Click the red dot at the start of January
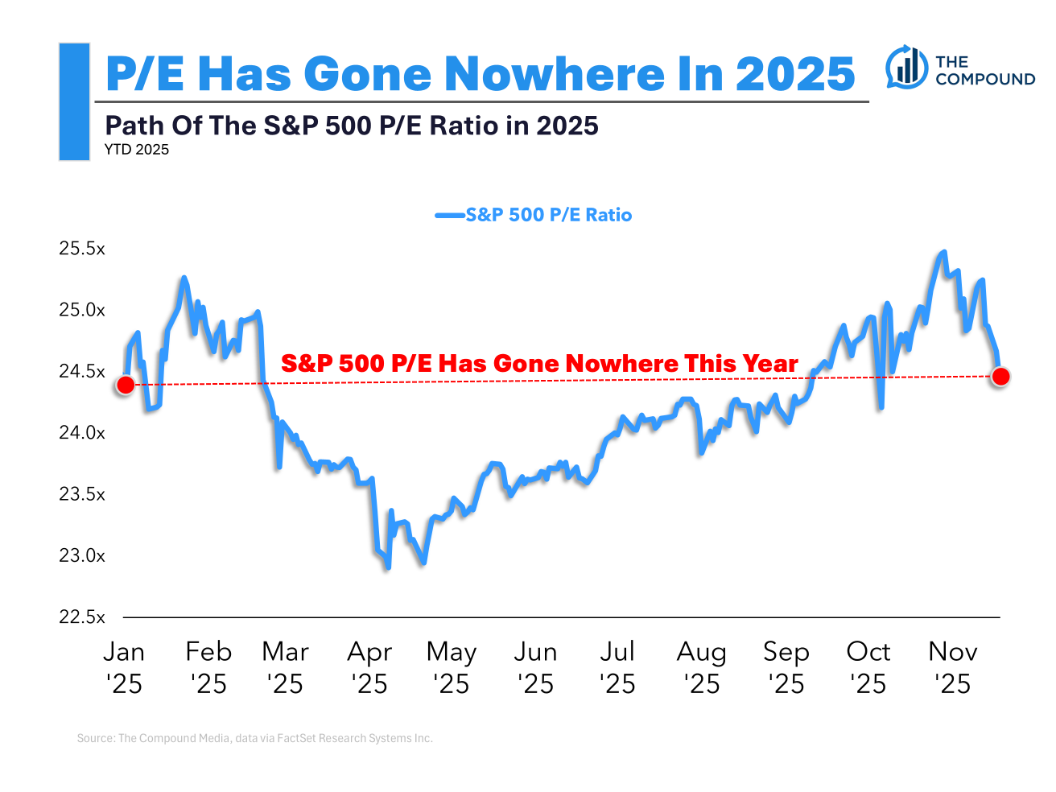pos(125,385)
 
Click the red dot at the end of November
pos(1000,376)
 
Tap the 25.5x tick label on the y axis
pos(82,249)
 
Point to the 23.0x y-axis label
pos(82,555)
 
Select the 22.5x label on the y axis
pos(82,617)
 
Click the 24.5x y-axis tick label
pos(82,372)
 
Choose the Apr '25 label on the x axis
pos(369,667)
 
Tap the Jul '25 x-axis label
pos(617,667)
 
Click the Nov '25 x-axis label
pos(953,667)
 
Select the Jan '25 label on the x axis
pos(124,667)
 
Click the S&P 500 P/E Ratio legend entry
pos(534,215)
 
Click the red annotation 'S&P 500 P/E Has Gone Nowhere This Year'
pos(539,364)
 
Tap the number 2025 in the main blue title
pos(795,74)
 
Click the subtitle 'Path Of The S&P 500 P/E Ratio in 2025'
pos(352,126)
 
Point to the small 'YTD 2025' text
pos(137,150)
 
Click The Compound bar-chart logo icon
pos(907,68)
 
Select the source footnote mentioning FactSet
pos(255,738)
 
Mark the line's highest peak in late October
pos(943,252)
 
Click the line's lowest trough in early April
pos(388,567)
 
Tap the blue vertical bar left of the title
pos(74,102)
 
